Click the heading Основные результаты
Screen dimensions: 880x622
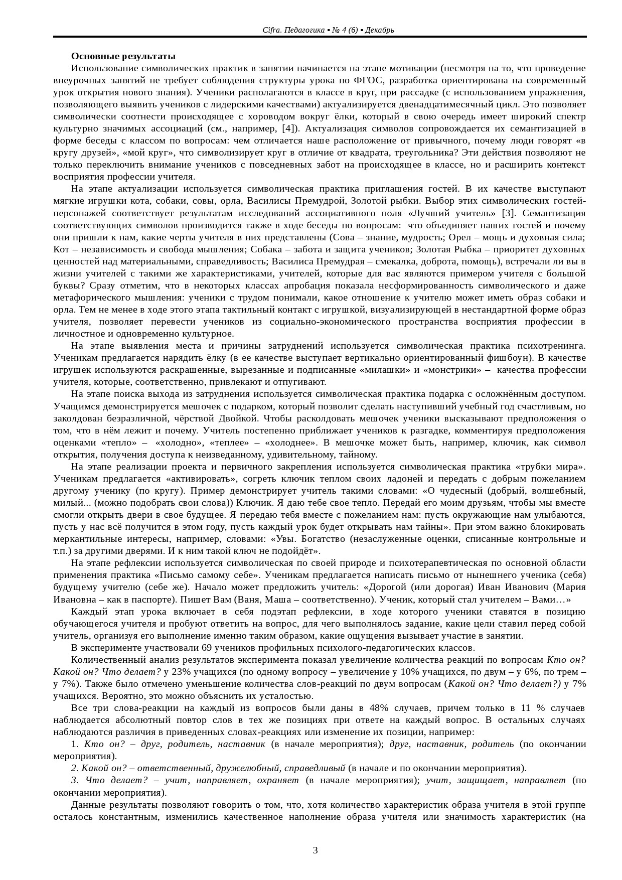tap(123, 56)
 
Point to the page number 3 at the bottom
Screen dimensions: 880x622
tap(315, 850)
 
